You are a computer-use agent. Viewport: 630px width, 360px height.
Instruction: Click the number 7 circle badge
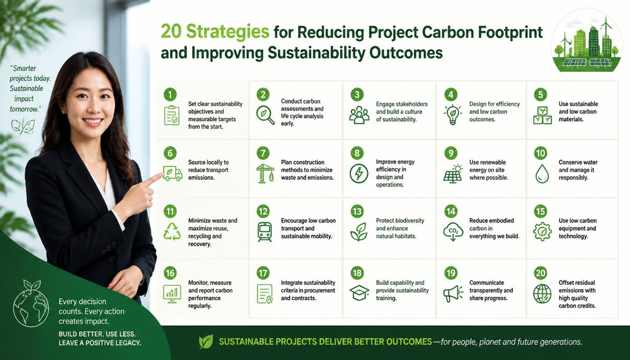263,153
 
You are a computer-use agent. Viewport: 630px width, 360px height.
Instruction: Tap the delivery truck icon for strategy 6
173,173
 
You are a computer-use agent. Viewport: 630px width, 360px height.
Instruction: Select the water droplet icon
542,174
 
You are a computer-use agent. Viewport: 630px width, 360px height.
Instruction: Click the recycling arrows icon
172,231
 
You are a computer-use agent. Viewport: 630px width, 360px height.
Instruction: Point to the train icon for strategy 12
265,231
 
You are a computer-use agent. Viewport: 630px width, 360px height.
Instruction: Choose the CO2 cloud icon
453,231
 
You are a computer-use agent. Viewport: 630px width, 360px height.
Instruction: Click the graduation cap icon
359,293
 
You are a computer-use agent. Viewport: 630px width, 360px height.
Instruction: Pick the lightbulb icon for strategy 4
453,115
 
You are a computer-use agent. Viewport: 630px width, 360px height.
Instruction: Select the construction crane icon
265,173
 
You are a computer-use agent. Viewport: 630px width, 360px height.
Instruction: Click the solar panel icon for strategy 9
453,174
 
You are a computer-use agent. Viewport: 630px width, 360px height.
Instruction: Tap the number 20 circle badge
541,273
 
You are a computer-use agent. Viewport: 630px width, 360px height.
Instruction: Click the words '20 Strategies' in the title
215,32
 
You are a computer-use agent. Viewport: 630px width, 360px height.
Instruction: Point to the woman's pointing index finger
153,178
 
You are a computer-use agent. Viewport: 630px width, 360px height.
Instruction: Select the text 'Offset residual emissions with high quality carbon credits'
577,294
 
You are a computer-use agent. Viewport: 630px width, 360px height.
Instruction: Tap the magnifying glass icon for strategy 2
265,115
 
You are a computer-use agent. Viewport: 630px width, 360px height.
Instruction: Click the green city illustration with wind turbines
586,44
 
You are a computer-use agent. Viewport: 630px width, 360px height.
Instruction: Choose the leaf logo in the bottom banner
206,342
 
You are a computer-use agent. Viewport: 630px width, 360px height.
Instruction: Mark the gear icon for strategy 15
542,231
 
